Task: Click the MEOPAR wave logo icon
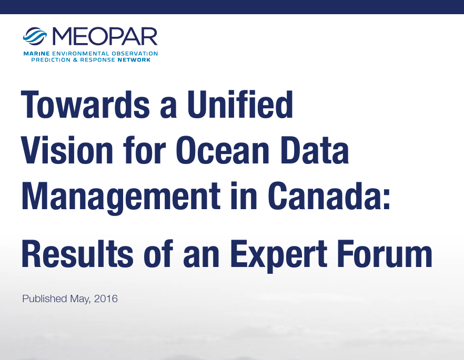pyautogui.click(x=35, y=36)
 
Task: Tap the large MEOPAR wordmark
pyautogui.click(x=105, y=36)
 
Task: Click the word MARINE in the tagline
pyautogui.click(x=37, y=54)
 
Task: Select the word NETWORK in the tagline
pyautogui.click(x=134, y=60)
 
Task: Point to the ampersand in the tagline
pyautogui.click(x=75, y=60)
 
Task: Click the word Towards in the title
pyautogui.click(x=86, y=105)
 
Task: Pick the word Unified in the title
pyautogui.click(x=240, y=105)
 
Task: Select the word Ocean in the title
pyautogui.click(x=223, y=150)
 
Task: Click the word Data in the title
pyautogui.click(x=315, y=150)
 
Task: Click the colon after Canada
pyautogui.click(x=387, y=200)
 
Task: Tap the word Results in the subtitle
pyautogui.click(x=77, y=254)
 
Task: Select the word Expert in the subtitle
pyautogui.click(x=279, y=256)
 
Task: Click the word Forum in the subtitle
pyautogui.click(x=385, y=254)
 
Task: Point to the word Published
pyautogui.click(x=45, y=299)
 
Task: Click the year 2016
pyautogui.click(x=106, y=299)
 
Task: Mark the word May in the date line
pyautogui.click(x=80, y=299)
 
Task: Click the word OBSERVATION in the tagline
pyautogui.click(x=135, y=54)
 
